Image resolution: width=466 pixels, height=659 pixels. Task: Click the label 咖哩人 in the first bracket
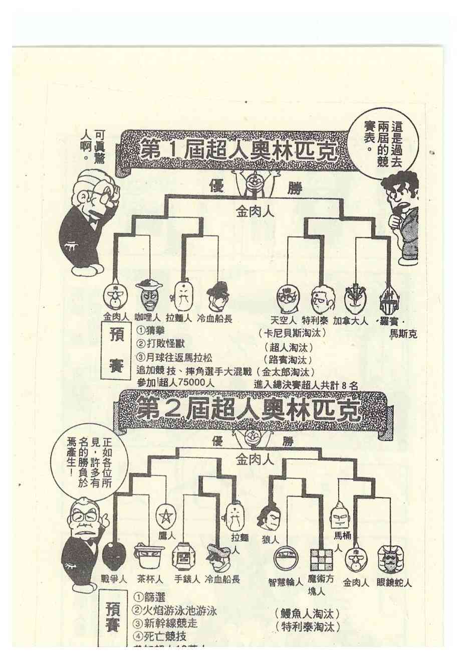147,318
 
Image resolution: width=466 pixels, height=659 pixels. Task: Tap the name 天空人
284,320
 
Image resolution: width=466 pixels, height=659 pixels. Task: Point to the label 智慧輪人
286,582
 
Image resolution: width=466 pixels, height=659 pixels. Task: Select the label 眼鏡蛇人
394,583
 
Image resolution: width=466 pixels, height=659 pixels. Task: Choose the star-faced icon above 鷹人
163,516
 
